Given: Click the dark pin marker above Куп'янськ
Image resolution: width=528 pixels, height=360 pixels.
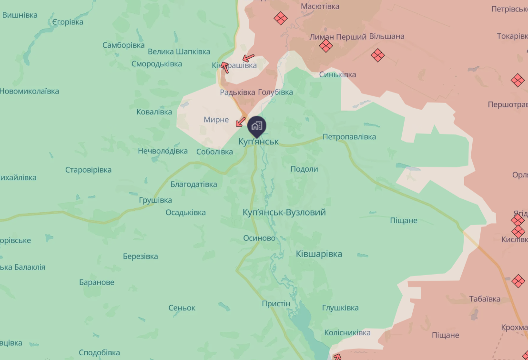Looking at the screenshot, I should pos(257,125).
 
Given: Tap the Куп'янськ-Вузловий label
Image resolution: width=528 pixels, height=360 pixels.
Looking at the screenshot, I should pos(284,212).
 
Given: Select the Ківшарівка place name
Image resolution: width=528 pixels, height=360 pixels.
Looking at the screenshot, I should pos(319,254).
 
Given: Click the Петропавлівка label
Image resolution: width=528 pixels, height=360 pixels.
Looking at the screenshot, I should pos(349,137).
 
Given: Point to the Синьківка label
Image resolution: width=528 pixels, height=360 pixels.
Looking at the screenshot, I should pos(337,74).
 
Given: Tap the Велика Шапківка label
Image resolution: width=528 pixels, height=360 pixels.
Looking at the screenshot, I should pos(179,51).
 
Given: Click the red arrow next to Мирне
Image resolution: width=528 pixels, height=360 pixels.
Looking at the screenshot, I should pos(241,122).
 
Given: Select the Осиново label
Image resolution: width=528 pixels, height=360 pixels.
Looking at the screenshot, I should pos(259,238).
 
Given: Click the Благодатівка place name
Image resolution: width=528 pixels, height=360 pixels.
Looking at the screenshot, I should pos(193,184).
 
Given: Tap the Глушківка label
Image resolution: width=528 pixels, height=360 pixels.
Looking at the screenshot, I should pos(340,308).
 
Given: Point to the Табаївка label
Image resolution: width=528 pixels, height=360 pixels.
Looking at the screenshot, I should pos(485,299).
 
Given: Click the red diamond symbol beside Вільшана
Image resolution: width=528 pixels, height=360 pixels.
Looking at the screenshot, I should pos(377,55).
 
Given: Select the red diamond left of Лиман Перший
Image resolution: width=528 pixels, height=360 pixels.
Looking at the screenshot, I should pos(326,46).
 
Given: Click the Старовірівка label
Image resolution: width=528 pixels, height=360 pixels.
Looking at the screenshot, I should pos(89,170).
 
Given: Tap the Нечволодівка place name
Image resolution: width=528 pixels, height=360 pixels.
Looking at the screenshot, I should pos(163,151).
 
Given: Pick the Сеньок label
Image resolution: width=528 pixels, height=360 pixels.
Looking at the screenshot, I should pos(182,308).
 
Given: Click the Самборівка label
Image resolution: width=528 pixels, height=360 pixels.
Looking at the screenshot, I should pos(123,45).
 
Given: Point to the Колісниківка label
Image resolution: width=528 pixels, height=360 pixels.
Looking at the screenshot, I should pos(347,332).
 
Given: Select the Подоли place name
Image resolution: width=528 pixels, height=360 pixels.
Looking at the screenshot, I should pos(304,169).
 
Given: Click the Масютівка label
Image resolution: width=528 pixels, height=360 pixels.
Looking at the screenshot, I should pos(320,6).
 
